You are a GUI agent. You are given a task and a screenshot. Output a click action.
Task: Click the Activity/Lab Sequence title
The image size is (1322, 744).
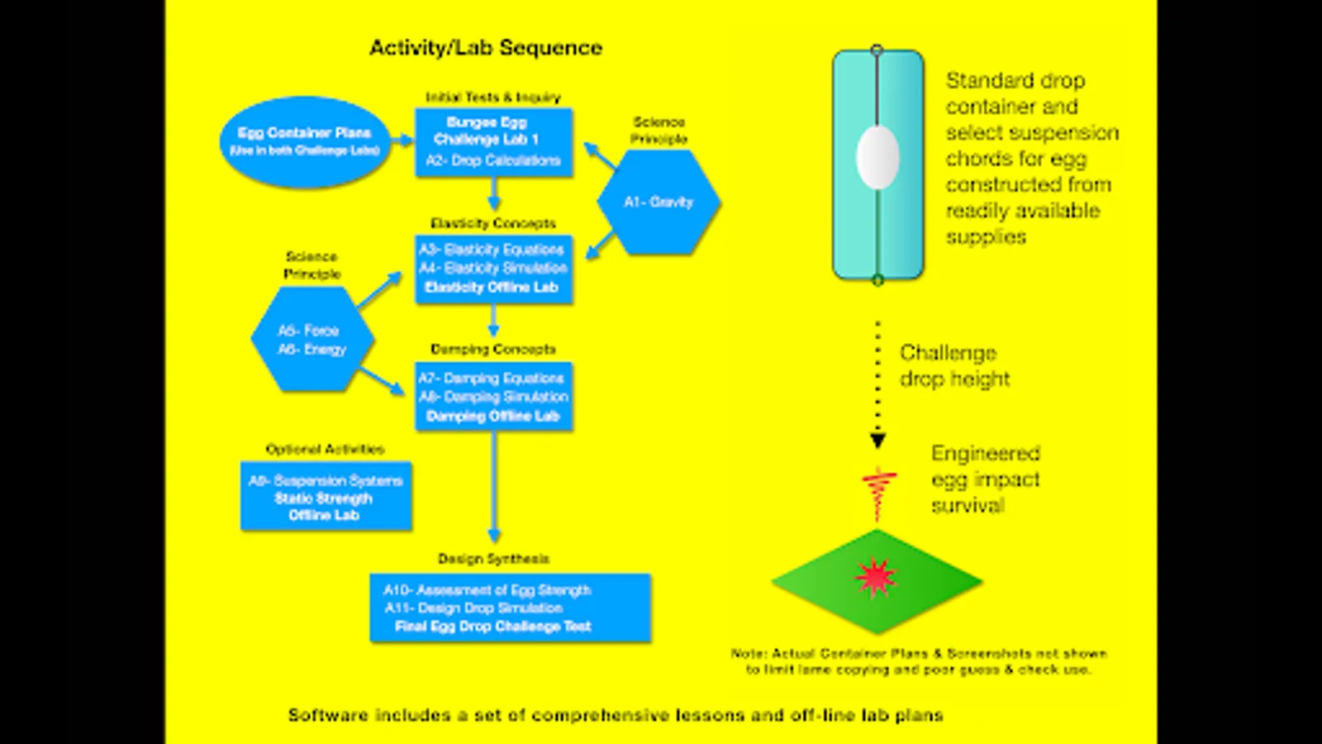click(486, 48)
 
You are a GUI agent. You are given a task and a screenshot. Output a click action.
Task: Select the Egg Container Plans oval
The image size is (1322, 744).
click(305, 141)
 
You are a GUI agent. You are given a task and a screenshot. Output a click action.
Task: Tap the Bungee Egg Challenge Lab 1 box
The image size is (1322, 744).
click(493, 141)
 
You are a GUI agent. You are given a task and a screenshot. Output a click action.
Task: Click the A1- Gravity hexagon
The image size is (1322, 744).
click(659, 202)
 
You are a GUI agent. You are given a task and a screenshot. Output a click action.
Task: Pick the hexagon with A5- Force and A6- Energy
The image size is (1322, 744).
click(312, 340)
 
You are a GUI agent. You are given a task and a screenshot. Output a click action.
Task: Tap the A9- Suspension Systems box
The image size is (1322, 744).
click(326, 497)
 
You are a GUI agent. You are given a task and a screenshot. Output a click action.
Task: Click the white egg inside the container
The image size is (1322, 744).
click(877, 157)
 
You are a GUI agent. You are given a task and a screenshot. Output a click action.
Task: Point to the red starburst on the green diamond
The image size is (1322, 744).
click(876, 578)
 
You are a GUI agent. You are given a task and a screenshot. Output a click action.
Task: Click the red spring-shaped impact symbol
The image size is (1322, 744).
click(878, 492)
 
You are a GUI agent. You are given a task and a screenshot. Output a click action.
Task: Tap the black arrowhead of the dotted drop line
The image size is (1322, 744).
click(878, 441)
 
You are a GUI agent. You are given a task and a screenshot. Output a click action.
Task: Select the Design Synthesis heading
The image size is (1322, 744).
click(493, 559)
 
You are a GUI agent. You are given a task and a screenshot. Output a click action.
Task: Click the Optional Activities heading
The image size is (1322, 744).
click(325, 449)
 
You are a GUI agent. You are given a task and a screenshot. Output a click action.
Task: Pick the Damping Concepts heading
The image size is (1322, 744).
click(493, 349)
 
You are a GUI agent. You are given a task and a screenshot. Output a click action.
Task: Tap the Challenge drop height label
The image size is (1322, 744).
click(954, 365)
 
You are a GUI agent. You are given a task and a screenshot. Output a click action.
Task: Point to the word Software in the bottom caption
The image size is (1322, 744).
click(328, 715)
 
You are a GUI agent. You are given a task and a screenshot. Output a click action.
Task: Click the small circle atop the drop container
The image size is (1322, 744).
click(877, 50)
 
